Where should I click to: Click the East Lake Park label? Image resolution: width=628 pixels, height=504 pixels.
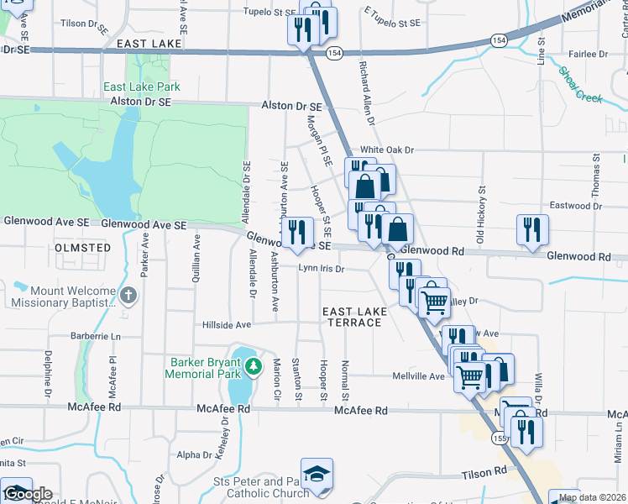click(142, 87)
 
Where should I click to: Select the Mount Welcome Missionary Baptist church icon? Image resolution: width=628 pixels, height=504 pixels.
click(128, 295)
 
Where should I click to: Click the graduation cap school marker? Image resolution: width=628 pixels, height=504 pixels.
click(317, 475)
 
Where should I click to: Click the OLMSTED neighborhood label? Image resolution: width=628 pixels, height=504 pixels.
click(82, 248)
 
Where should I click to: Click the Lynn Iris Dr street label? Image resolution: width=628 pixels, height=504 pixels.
click(322, 269)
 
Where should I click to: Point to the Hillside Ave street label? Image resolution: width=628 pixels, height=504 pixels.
click(227, 325)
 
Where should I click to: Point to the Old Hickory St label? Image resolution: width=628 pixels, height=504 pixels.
click(480, 217)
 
